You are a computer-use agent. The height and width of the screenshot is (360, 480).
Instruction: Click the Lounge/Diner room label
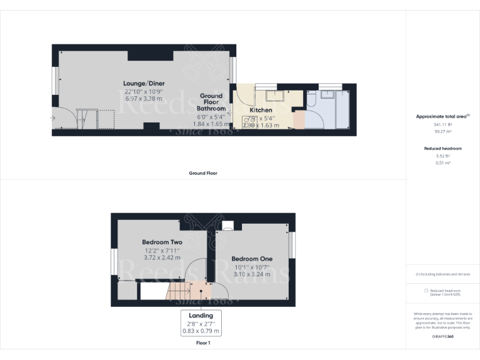[x=144, y=84]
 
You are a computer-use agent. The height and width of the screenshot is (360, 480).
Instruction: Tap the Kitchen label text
[x=261, y=110]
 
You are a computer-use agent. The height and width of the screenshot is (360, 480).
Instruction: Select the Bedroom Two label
[x=162, y=242]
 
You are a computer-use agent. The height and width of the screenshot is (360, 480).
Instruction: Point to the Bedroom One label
[x=252, y=259]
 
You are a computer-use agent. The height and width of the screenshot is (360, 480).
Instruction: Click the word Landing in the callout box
[x=201, y=316]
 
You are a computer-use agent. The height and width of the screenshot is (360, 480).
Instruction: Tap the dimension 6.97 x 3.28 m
[x=144, y=99]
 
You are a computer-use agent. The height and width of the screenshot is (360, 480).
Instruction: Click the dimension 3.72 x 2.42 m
[x=162, y=257]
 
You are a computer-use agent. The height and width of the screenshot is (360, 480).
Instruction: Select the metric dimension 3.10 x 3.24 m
[x=252, y=274]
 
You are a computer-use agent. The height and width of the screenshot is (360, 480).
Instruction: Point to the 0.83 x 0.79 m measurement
[x=201, y=331]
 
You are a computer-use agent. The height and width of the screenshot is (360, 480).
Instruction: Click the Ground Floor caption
[x=202, y=173]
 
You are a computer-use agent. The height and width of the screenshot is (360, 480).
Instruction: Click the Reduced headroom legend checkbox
[x=426, y=291]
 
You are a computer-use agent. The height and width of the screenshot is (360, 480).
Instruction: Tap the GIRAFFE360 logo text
[x=442, y=336]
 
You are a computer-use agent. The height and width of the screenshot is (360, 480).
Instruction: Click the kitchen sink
[x=274, y=96]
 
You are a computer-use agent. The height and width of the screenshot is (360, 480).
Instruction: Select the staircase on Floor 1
[x=179, y=291]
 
